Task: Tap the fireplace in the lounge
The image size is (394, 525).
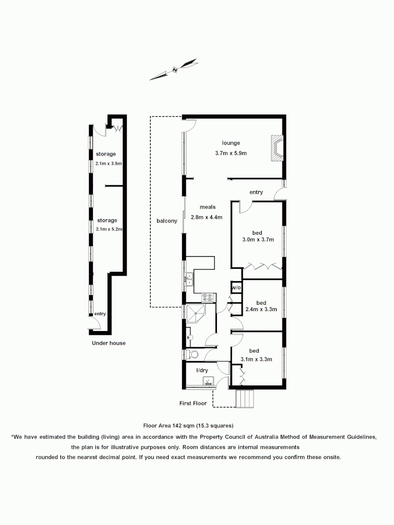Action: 277,148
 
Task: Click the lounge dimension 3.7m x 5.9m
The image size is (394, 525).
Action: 231,153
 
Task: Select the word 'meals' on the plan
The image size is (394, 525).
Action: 207,207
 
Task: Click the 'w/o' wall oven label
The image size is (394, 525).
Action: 236,288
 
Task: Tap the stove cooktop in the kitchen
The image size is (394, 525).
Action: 208,296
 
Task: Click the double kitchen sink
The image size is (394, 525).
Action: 188,279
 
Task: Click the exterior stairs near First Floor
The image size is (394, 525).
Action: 244,398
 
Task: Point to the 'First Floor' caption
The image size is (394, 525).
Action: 193,403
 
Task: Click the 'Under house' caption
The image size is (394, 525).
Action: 109,343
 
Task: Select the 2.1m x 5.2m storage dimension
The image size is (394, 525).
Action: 109,229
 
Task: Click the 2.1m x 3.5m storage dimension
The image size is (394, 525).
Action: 108,163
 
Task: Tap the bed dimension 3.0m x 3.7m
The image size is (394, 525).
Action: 258,239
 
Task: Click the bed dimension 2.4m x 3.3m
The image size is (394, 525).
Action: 261,309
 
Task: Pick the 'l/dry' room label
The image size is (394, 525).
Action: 202,370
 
